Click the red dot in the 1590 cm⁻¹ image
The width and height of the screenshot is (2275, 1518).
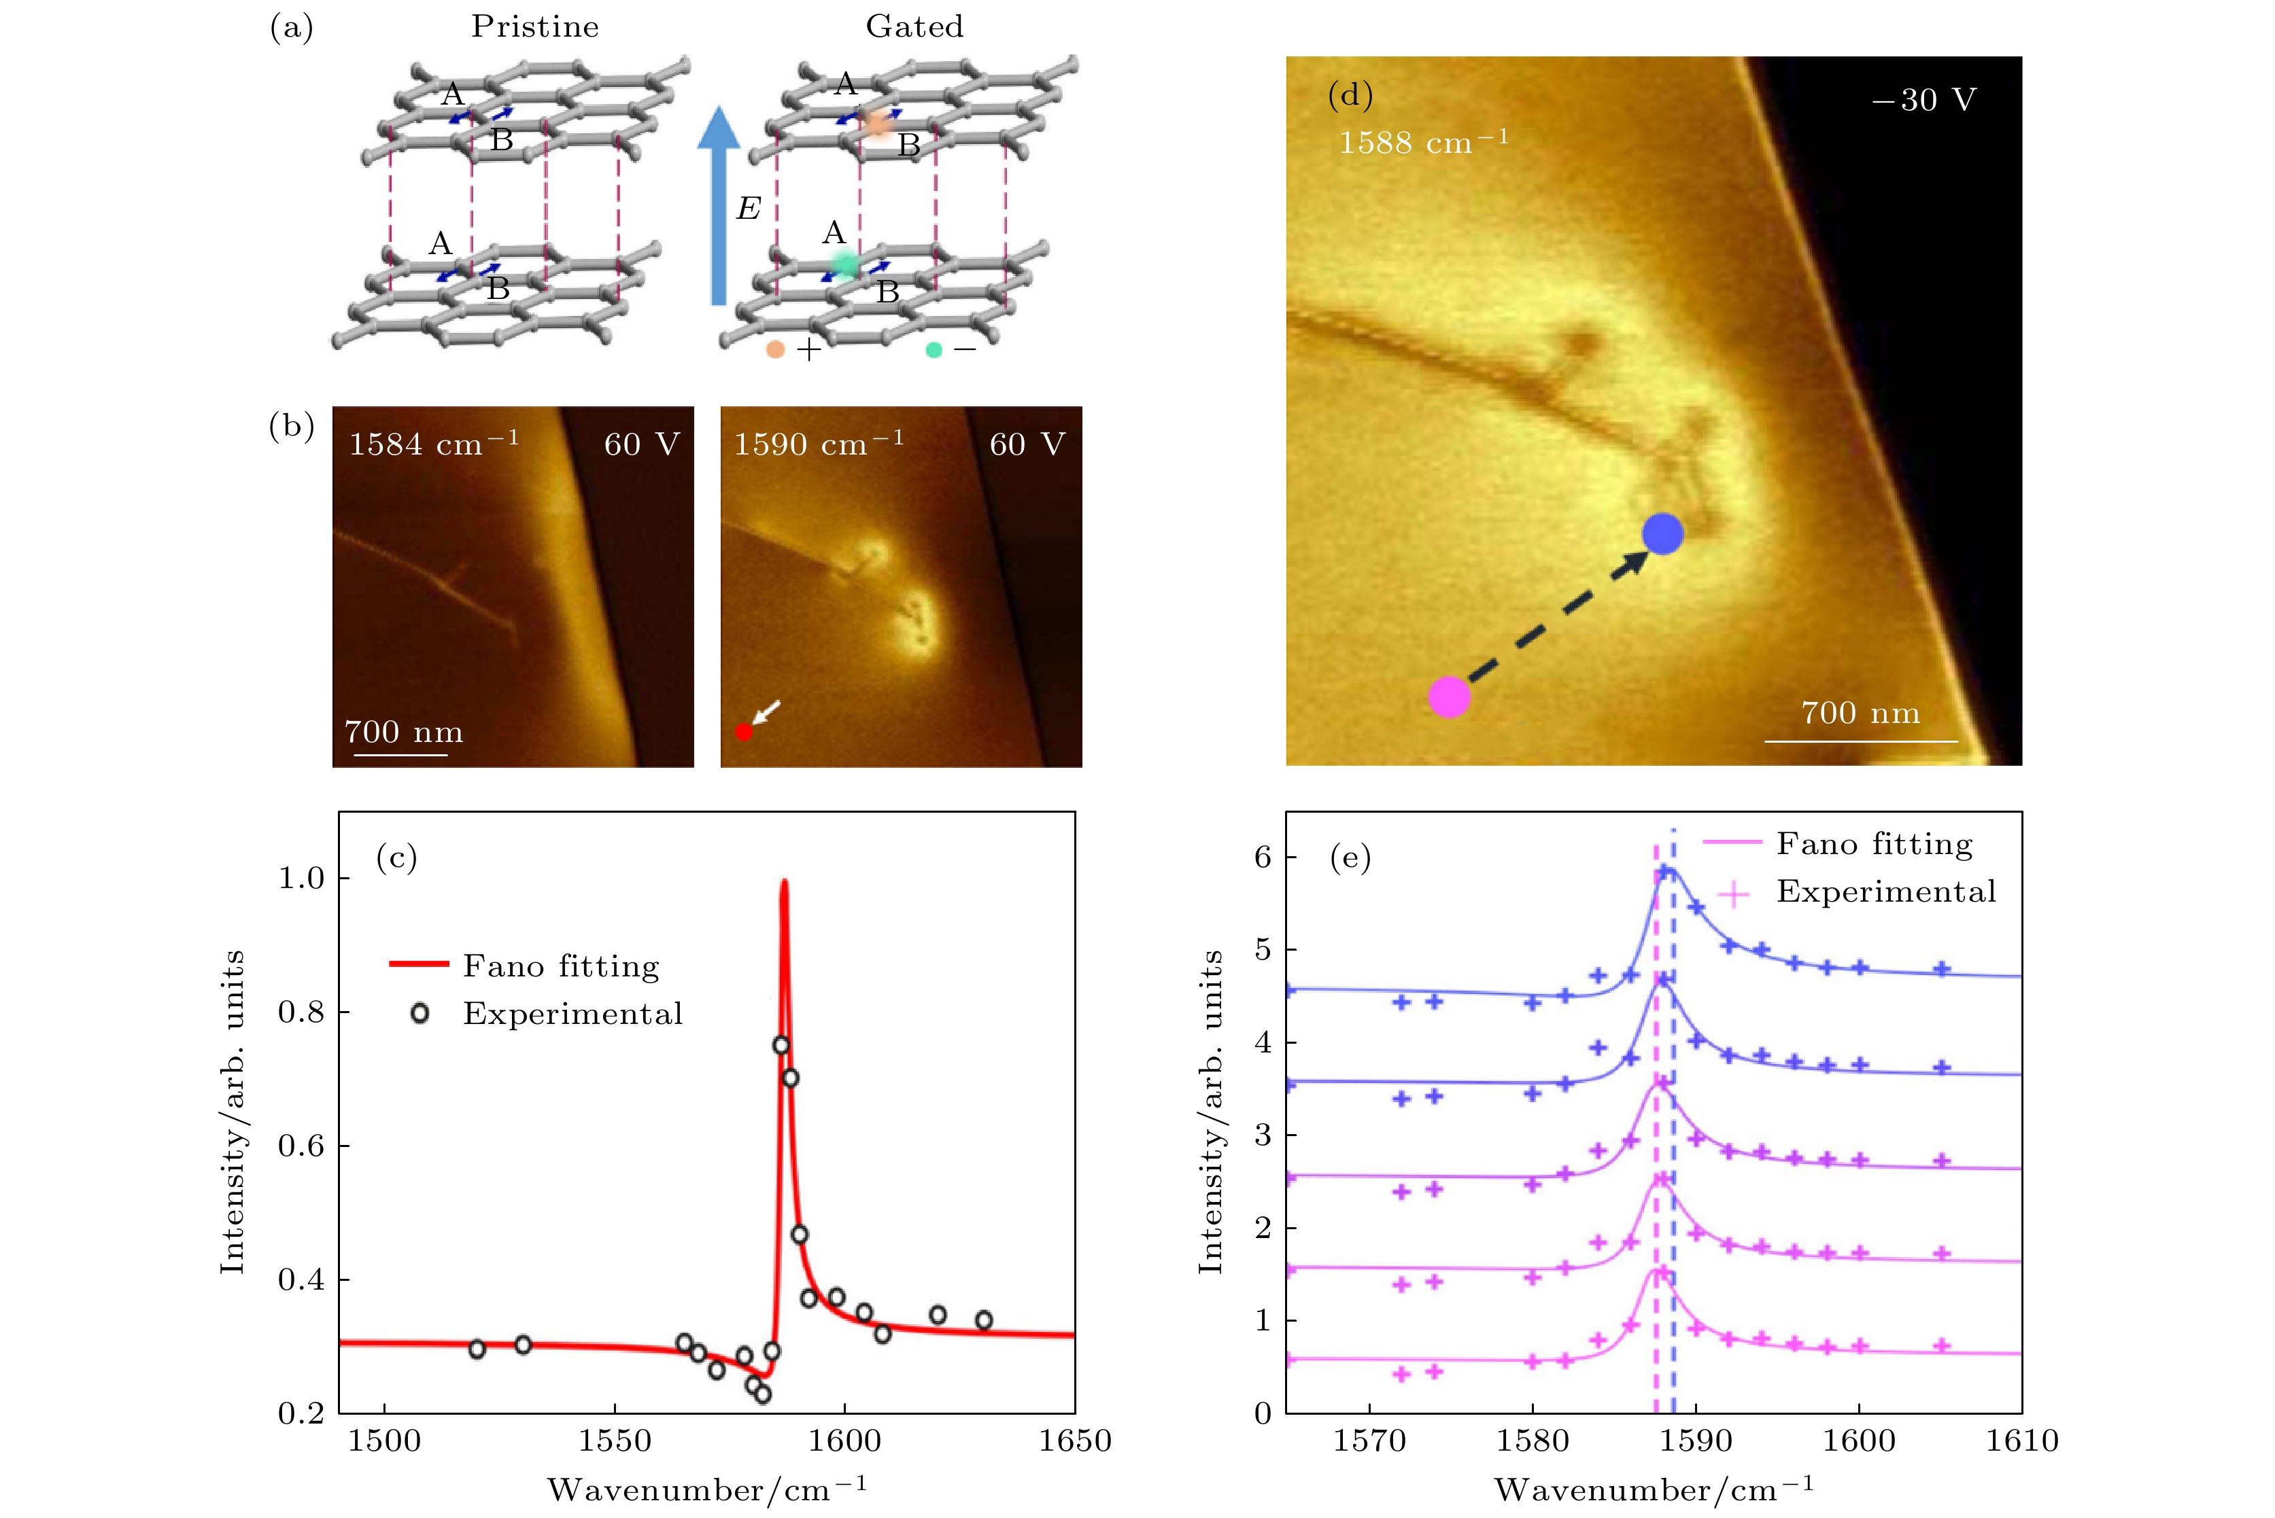click(744, 732)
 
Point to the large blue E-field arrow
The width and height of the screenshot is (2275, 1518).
click(719, 208)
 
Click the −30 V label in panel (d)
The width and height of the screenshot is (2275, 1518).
click(1923, 100)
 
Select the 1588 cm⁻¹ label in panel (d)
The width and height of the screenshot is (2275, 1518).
click(1422, 142)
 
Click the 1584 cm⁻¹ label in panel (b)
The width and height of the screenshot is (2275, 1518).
click(433, 444)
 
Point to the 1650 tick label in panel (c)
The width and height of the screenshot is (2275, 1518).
click(1075, 1441)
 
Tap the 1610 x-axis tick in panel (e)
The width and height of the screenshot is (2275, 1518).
click(2022, 1441)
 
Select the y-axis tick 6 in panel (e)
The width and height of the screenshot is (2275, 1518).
click(1263, 857)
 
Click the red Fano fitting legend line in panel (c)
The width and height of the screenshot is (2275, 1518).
click(418, 964)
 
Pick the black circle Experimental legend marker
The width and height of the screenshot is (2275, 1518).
click(420, 1014)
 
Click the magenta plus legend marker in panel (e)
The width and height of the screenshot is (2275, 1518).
click(1732, 893)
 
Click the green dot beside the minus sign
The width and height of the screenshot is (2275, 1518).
click(934, 349)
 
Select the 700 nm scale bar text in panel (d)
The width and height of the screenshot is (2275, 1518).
click(1860, 713)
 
